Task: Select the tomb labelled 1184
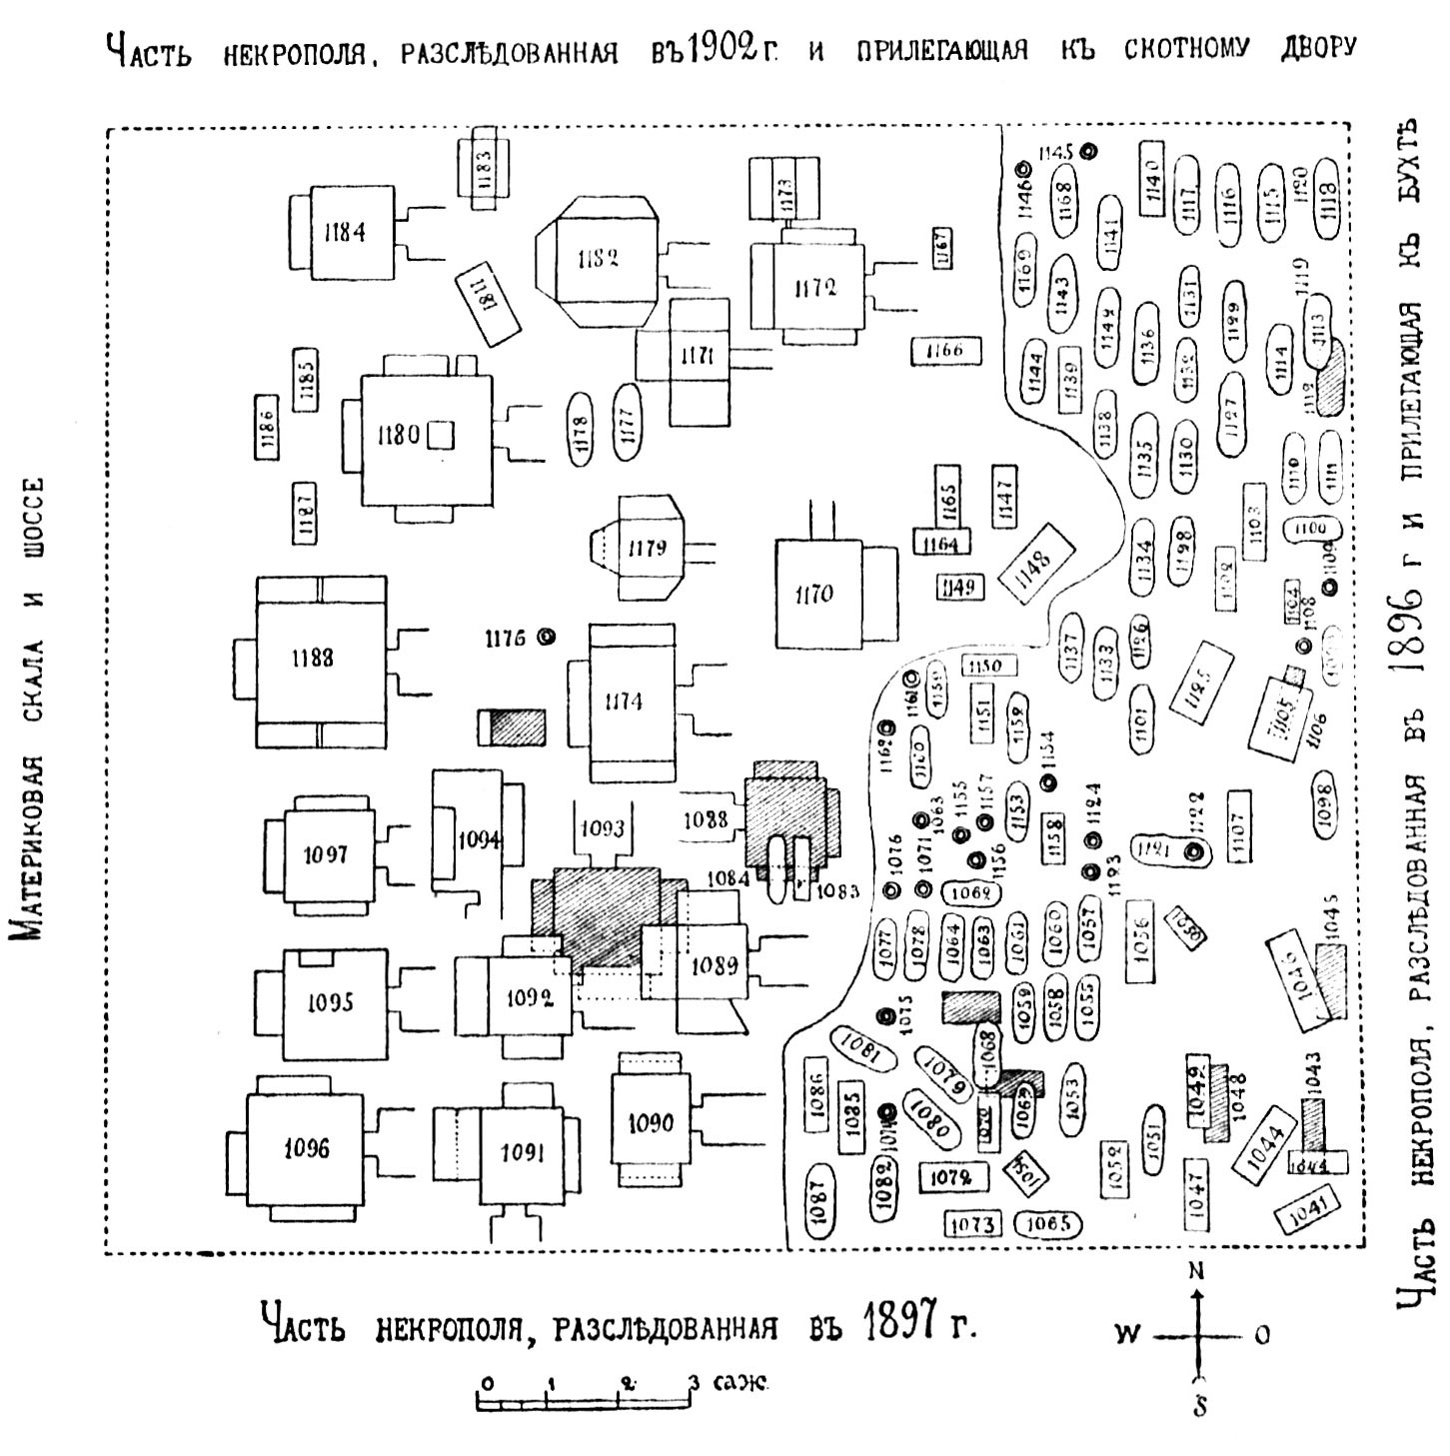click(345, 233)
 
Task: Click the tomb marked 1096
click(306, 1148)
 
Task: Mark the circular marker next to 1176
click(546, 637)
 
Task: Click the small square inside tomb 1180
click(442, 436)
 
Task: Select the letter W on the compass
click(1126, 1335)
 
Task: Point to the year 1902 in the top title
click(718, 48)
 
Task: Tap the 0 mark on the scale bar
click(484, 1385)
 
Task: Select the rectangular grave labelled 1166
click(945, 351)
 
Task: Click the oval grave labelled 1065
click(1046, 1223)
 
